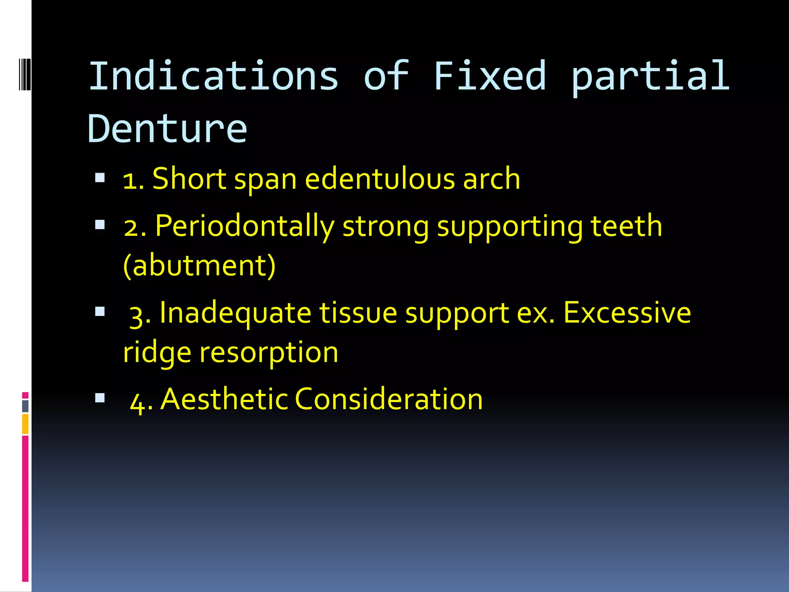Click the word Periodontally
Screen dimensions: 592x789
pos(245,227)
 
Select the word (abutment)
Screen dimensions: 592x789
pos(200,266)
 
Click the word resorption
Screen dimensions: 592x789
pos(269,352)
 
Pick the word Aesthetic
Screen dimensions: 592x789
pos(224,399)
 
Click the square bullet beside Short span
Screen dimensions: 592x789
pos(100,178)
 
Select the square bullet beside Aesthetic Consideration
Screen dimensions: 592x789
pos(100,398)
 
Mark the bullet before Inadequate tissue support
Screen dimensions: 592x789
pos(100,311)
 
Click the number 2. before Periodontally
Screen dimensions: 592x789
pos(135,227)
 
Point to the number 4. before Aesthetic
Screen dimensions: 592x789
pos(141,401)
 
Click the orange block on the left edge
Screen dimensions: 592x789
pos(25,424)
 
